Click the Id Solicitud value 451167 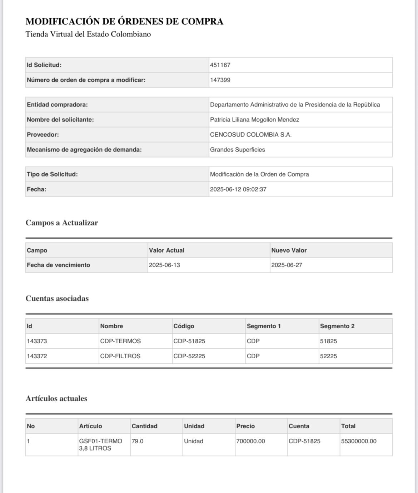[220, 65]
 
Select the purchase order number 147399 [220, 80]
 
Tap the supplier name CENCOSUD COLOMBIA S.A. [251, 135]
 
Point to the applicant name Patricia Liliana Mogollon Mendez [254, 120]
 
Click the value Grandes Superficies [238, 150]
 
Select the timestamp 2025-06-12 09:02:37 [238, 189]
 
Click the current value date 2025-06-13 [164, 265]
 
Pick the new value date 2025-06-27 [287, 265]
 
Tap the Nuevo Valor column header [289, 250]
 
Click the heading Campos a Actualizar [62, 223]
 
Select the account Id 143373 [37, 341]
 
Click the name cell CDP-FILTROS [120, 356]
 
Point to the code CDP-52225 [189, 356]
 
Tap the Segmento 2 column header [337, 326]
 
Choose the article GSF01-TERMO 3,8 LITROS [100, 445]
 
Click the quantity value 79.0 [138, 441]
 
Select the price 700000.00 [250, 441]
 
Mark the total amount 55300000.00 [359, 441]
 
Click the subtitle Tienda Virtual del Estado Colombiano [88, 34]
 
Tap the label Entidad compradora [57, 105]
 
